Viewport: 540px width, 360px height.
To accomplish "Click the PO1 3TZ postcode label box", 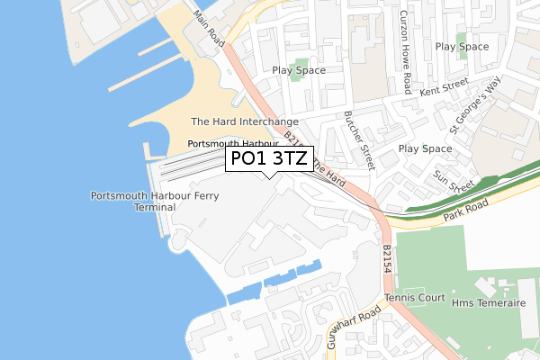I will pyautogui.click(x=270, y=159).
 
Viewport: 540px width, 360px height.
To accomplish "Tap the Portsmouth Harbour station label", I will pyautogui.click(x=232, y=144).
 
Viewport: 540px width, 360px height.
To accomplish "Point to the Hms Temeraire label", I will pyautogui.click(x=493, y=303).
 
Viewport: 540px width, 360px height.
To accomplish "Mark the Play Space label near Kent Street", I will pyautogui.click(x=463, y=46).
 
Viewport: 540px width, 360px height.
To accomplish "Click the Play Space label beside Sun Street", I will pyautogui.click(x=425, y=148).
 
